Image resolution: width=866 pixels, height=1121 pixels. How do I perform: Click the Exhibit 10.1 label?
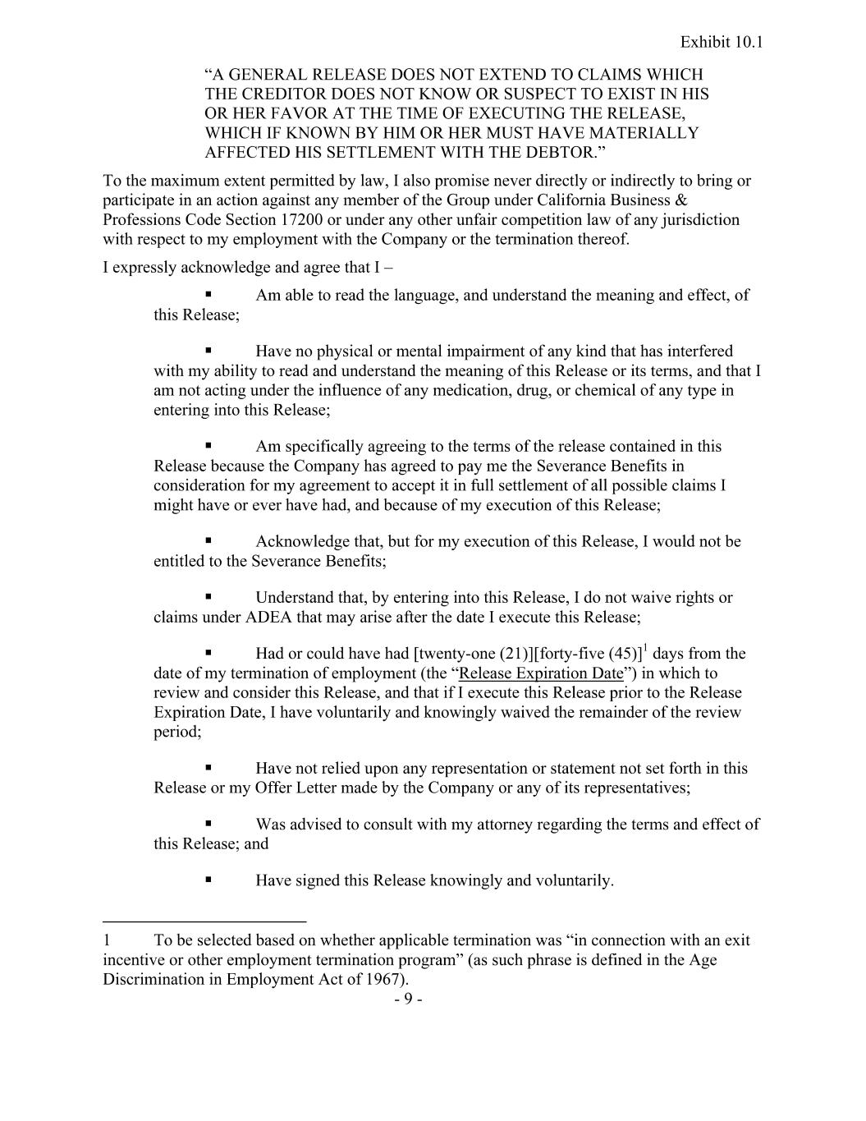click(722, 42)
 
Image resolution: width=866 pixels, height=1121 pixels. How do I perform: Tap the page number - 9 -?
click(408, 999)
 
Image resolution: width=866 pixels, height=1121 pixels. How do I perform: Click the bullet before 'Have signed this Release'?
click(208, 880)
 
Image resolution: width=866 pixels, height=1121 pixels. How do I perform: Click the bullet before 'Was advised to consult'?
click(208, 823)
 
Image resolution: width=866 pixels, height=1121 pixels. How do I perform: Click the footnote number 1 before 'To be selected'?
click(107, 940)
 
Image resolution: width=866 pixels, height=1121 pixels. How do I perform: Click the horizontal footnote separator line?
click(204, 920)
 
